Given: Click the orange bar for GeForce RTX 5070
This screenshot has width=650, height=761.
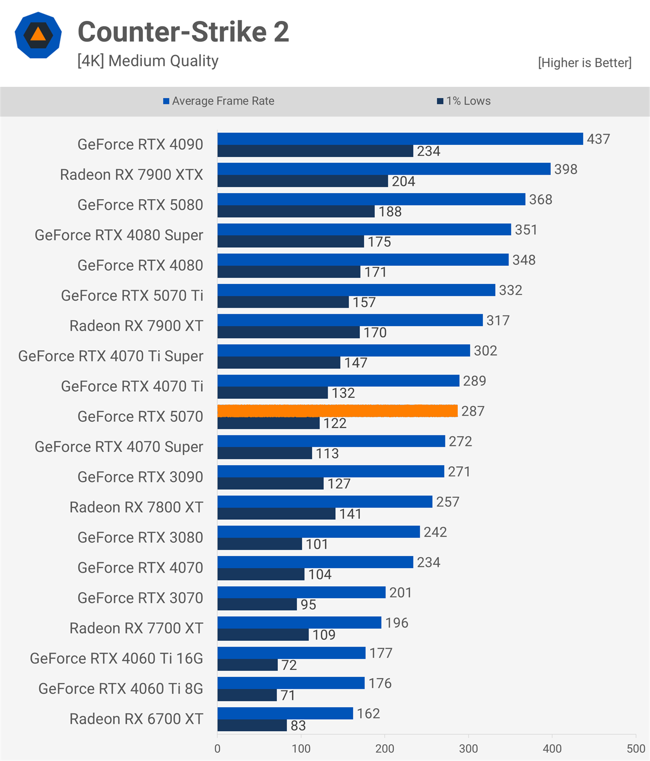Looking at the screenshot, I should [x=337, y=411].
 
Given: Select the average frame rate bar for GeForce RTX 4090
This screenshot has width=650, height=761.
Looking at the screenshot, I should [x=400, y=139].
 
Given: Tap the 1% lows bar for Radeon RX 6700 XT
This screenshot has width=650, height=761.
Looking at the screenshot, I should [x=252, y=725].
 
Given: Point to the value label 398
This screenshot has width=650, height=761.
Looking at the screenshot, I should [x=565, y=169].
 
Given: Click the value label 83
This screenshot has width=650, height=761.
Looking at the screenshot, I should [x=298, y=726].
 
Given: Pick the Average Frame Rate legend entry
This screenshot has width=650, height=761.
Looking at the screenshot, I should [x=218, y=101].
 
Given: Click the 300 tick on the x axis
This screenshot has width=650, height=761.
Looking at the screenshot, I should [x=468, y=749].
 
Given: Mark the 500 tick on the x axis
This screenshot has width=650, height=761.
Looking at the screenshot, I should [x=636, y=749].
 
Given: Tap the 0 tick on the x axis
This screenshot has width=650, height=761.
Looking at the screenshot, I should [x=217, y=749].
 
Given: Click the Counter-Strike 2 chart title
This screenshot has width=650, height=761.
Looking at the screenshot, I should [x=183, y=32].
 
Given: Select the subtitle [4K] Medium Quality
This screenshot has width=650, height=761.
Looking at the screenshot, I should [x=148, y=61].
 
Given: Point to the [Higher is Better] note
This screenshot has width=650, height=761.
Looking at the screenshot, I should [x=584, y=63].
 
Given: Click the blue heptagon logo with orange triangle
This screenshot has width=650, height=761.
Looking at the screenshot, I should [x=38, y=35].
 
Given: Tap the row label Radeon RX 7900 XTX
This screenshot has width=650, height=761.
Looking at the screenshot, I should [x=131, y=175].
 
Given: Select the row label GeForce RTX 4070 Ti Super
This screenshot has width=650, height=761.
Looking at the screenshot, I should [x=111, y=356].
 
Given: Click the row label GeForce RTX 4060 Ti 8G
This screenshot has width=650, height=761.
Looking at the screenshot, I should [x=121, y=688].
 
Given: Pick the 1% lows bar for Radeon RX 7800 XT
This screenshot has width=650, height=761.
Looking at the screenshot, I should [x=276, y=514].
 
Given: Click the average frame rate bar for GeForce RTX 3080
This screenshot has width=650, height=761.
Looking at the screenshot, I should [x=319, y=532].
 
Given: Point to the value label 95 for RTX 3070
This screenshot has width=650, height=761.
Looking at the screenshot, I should [x=308, y=605].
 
